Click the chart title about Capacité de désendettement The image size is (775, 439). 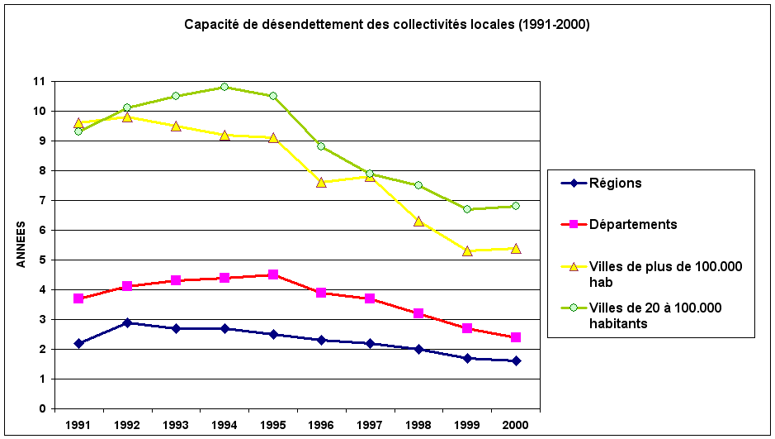coord(386,24)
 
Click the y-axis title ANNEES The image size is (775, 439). coord(21,245)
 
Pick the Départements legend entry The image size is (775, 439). coord(632,224)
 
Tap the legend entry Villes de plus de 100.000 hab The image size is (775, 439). coord(665,274)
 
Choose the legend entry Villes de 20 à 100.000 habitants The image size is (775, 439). coord(655,316)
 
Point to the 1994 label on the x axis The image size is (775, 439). coord(224,425)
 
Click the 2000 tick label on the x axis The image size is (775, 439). coord(516,425)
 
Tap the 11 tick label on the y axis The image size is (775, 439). coord(39,82)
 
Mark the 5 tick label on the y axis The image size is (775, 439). coord(41,260)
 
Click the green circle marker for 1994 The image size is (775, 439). coord(224,87)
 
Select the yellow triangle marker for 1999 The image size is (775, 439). coord(467,251)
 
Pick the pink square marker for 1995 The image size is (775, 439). coord(273,274)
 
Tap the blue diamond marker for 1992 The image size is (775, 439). coord(127,322)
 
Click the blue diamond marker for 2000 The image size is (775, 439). coord(516,360)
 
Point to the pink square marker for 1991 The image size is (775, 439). coord(78,298)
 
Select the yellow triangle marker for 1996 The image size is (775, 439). coord(322,182)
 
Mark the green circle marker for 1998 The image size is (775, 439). coord(418,185)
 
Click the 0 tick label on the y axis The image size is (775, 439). coord(41,408)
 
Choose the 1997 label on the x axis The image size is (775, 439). coord(371,425)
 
